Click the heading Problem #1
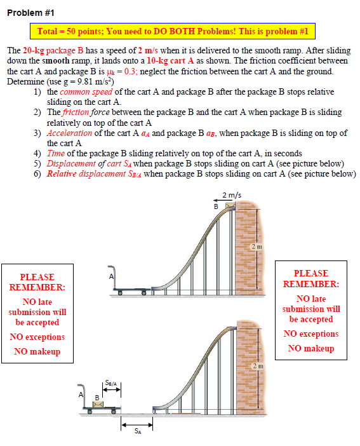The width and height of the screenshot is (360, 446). [30, 13]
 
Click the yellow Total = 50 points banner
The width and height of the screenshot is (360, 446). [173, 31]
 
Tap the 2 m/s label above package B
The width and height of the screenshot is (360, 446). [232, 195]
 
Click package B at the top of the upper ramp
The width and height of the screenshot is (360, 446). [230, 205]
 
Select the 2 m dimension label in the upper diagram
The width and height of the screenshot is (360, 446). [257, 247]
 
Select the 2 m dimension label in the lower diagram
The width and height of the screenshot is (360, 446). [258, 366]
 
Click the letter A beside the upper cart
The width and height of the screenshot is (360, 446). [111, 276]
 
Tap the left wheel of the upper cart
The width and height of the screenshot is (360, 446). [120, 293]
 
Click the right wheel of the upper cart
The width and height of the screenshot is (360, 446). [144, 293]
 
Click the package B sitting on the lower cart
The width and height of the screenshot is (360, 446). [98, 404]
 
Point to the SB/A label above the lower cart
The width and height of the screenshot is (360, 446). [111, 383]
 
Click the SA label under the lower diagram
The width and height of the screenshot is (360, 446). [138, 431]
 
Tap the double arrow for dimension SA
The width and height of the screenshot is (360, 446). [137, 425]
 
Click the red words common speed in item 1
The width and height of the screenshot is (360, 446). [86, 92]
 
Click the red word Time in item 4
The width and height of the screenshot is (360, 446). [56, 153]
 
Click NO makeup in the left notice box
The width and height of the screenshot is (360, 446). [37, 351]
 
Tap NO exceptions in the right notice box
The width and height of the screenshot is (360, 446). [311, 334]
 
